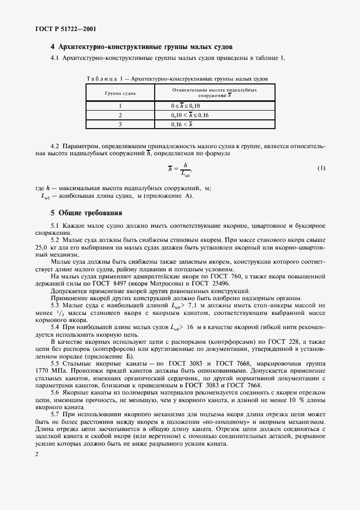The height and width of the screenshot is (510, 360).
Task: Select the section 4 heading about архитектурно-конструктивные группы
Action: [x=142, y=46]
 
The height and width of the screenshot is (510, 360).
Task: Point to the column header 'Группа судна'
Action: [x=120, y=93]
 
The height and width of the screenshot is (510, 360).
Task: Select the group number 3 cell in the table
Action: [x=120, y=125]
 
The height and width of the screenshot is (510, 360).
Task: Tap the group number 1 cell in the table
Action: [x=120, y=105]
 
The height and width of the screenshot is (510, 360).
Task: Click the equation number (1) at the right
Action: [x=321, y=168]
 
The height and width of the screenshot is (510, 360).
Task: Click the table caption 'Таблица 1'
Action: [x=106, y=78]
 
